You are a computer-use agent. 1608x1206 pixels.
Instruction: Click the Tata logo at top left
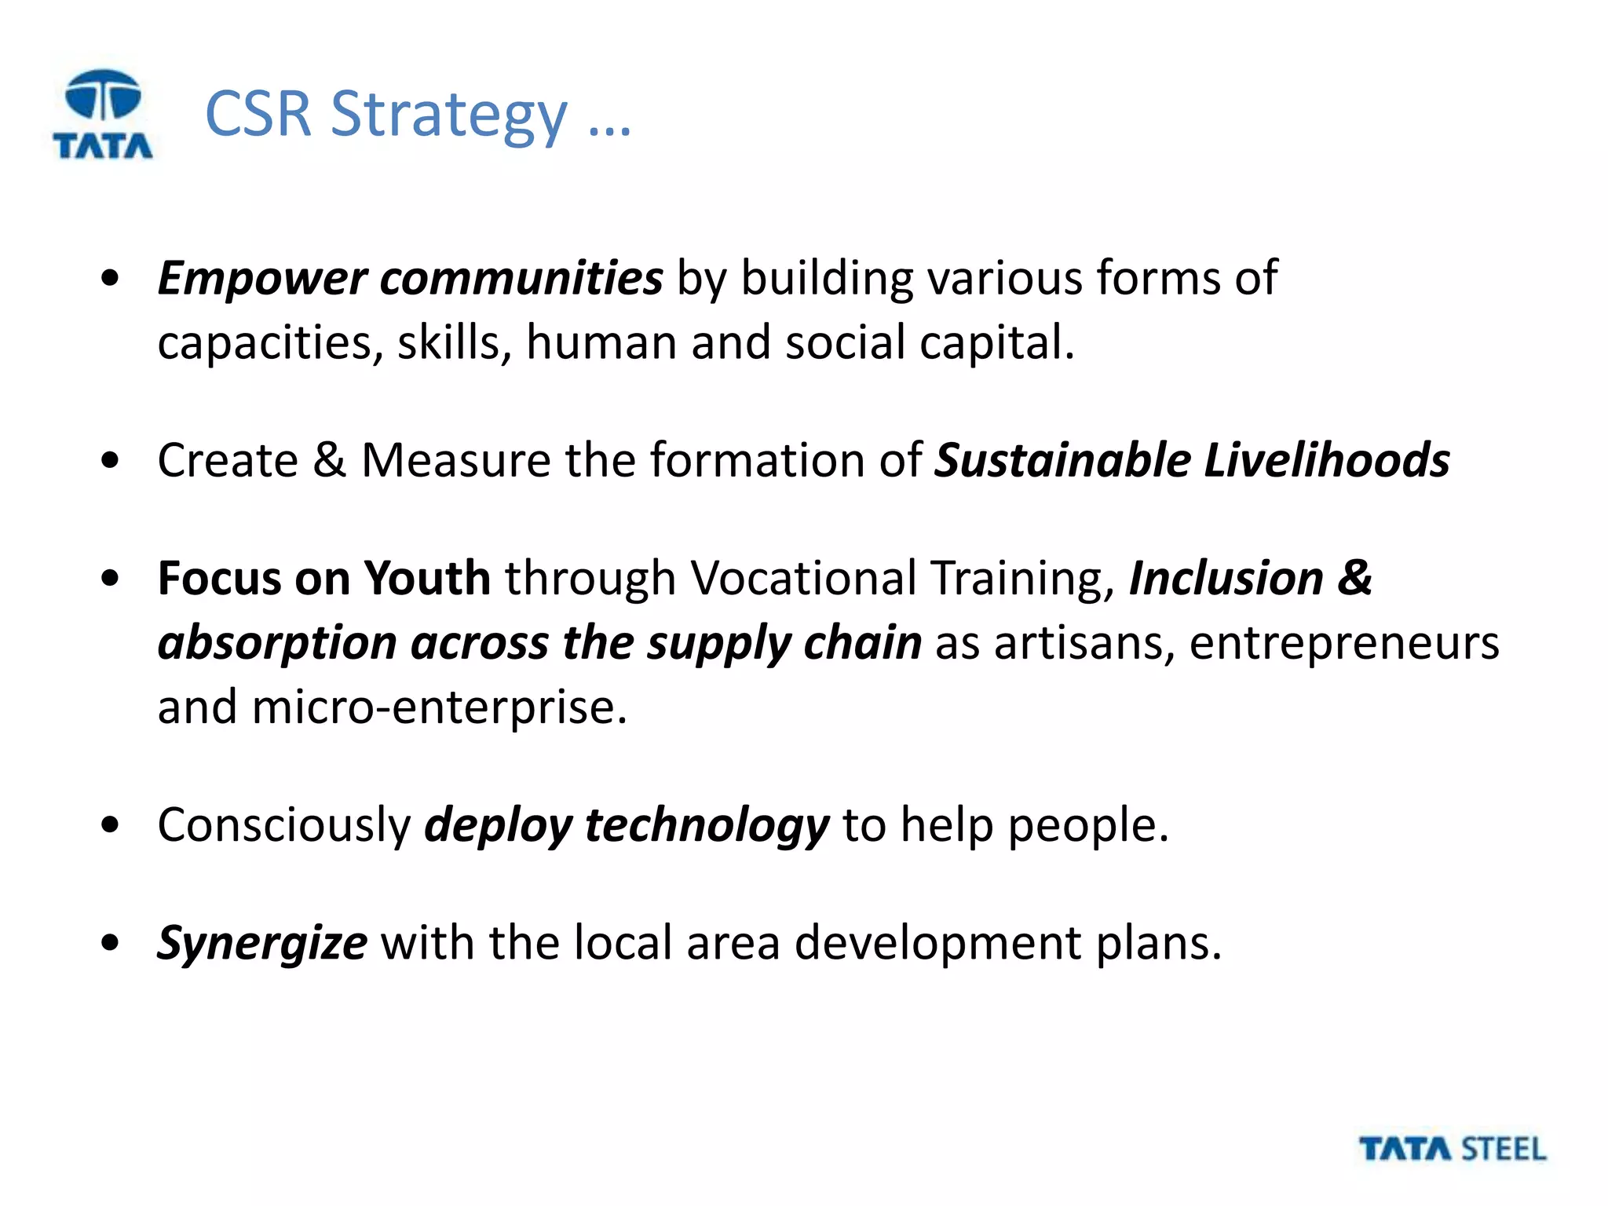[103, 115]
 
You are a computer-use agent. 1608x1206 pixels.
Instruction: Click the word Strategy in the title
[448, 115]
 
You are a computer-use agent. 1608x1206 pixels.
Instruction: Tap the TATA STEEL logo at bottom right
[1452, 1149]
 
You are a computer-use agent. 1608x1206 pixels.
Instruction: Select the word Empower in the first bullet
[262, 279]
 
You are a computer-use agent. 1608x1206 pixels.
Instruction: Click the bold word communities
[521, 279]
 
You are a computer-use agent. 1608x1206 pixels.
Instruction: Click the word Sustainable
[1063, 460]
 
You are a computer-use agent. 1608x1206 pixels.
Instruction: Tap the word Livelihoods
[1326, 460]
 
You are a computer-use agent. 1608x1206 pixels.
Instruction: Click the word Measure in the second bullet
[455, 460]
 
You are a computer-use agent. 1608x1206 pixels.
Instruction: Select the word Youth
[427, 579]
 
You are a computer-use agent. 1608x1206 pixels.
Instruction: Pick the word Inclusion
[1226, 579]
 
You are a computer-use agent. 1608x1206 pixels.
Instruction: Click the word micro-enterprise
[439, 707]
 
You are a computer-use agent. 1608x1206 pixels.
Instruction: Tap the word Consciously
[284, 826]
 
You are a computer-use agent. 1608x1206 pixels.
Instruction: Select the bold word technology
[707, 826]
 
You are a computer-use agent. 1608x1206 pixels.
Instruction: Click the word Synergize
[262, 944]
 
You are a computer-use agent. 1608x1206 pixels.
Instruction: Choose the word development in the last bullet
[937, 944]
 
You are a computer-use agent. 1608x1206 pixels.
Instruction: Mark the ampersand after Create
[329, 460]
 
